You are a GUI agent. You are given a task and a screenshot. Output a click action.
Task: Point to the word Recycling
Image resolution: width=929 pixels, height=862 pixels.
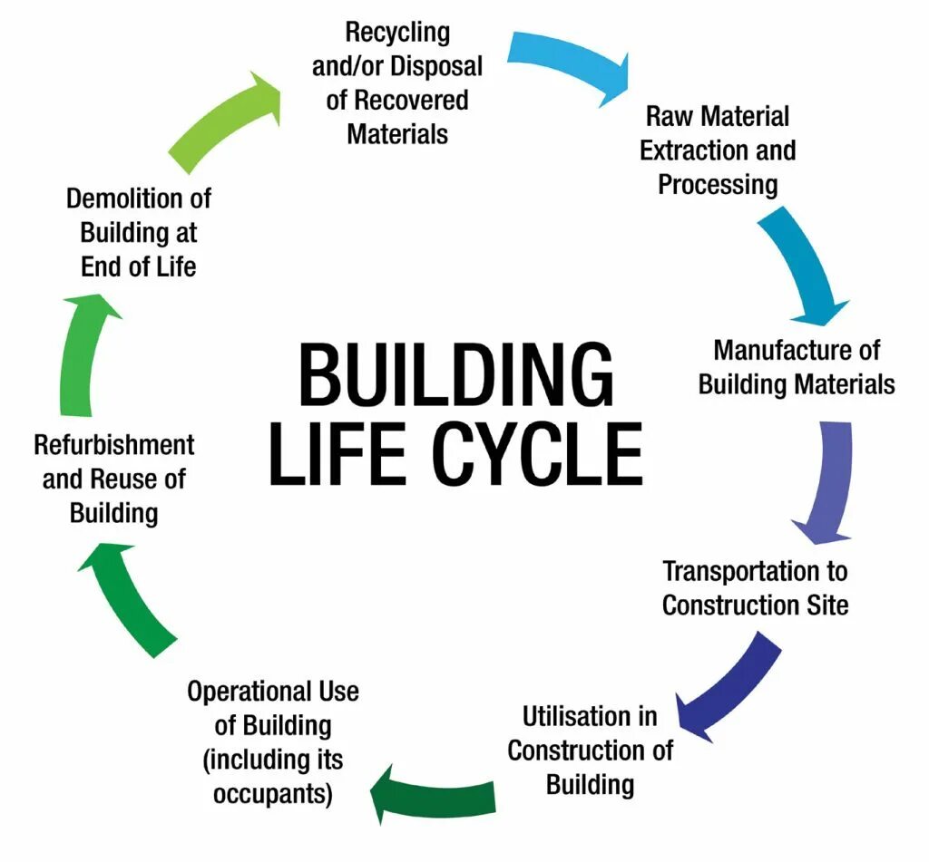(x=397, y=34)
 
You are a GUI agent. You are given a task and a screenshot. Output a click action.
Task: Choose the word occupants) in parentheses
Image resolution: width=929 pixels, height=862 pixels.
(x=273, y=793)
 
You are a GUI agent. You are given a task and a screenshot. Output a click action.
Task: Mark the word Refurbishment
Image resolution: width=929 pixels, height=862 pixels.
(x=114, y=445)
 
